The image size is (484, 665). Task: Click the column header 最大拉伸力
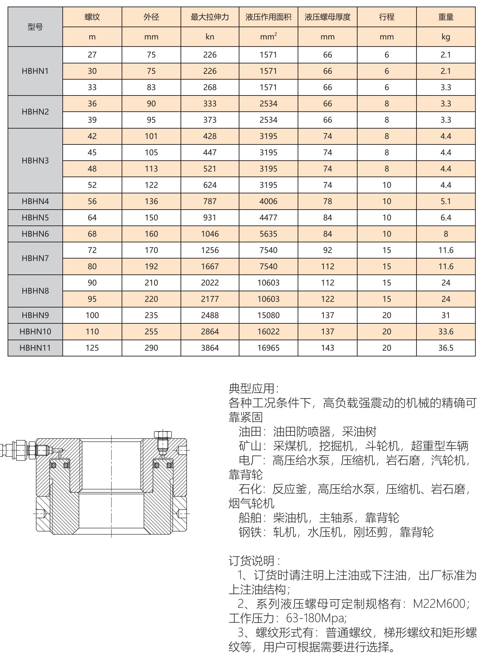210,17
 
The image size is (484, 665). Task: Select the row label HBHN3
35,161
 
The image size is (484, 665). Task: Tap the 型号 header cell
35,27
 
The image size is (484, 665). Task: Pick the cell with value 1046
210,234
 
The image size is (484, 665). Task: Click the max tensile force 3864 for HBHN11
210,348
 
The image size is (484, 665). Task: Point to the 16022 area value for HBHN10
268,332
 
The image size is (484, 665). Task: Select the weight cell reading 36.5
446,348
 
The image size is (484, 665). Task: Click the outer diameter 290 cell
151,348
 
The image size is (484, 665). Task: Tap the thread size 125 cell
92,348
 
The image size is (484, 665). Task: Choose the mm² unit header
268,37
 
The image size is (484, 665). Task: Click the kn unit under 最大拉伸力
210,37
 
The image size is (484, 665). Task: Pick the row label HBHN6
35,234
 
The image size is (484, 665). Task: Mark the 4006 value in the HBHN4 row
268,201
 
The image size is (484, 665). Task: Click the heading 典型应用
254,389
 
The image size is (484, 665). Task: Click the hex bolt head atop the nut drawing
163,434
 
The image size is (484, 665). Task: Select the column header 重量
446,17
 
